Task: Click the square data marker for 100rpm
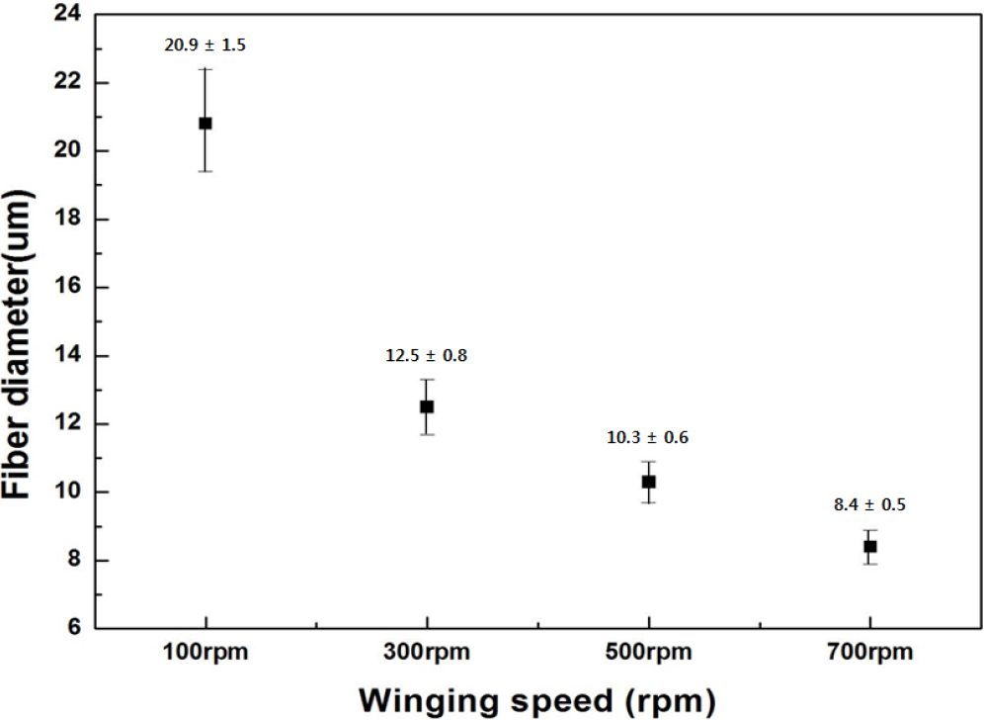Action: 205,124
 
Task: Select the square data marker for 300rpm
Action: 427,406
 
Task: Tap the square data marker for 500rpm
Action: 648,482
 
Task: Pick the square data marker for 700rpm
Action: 869,546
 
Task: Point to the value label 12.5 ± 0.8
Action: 427,356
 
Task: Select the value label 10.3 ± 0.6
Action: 648,437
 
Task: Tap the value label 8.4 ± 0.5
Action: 869,504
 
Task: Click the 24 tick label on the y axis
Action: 71,15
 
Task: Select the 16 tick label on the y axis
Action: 71,288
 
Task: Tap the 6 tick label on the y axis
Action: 76,629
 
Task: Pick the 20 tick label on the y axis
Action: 71,151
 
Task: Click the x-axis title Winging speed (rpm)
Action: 535,699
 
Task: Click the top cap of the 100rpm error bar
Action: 205,69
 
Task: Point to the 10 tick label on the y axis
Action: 71,493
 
